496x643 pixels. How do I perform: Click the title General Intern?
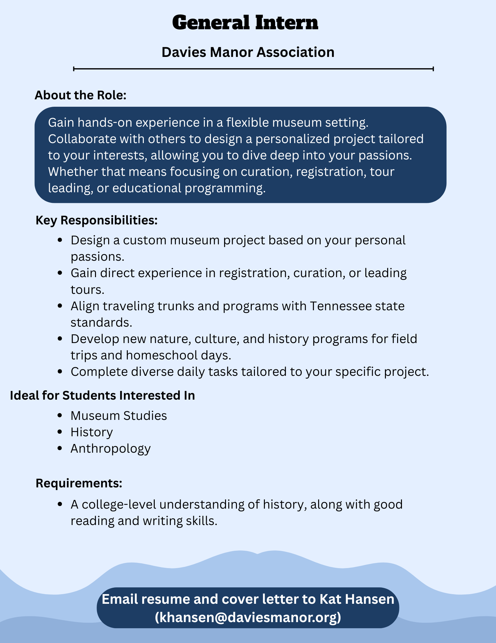pyautogui.click(x=245, y=23)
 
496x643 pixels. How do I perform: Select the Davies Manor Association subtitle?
pyautogui.click(x=248, y=52)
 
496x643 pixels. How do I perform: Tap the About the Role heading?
pyautogui.click(x=81, y=95)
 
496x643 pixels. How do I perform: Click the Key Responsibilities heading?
pyautogui.click(x=97, y=220)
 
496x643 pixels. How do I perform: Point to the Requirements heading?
pyautogui.click(x=79, y=483)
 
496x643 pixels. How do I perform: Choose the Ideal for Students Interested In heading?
pyautogui.click(x=102, y=395)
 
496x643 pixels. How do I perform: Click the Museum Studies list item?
pyautogui.click(x=119, y=416)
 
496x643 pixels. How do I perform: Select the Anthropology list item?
pyautogui.click(x=110, y=448)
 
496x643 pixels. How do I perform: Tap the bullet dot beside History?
pyautogui.click(x=59, y=432)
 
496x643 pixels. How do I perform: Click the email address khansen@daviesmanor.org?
pyautogui.click(x=248, y=617)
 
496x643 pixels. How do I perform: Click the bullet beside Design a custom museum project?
pyautogui.click(x=59, y=240)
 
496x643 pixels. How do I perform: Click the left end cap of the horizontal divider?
pyautogui.click(x=74, y=69)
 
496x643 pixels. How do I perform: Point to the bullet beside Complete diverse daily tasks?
pyautogui.click(x=59, y=372)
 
